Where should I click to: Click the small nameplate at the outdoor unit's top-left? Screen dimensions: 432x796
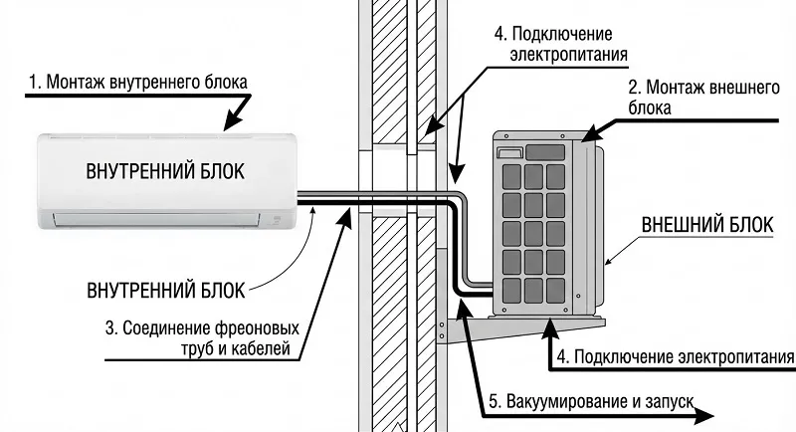coord(509,153)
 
